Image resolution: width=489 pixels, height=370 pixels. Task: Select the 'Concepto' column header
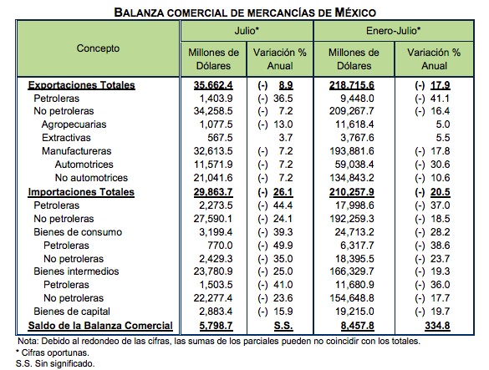(99, 48)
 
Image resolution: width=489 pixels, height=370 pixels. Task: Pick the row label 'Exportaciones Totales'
(82, 84)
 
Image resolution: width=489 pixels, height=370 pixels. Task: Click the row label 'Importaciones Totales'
(81, 191)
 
